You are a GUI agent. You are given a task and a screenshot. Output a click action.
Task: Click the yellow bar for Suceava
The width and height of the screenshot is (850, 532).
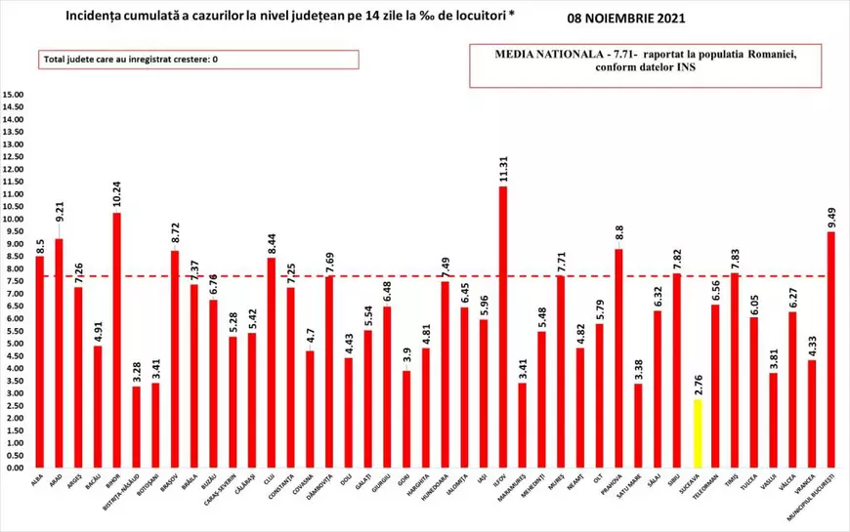(x=696, y=433)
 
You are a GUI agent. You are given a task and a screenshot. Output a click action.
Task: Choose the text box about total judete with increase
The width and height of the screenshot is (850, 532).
(x=200, y=61)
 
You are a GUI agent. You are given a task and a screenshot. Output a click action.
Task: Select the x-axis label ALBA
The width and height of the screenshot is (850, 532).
(x=38, y=480)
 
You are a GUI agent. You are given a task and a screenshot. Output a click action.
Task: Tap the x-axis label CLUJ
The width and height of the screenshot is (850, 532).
(x=271, y=480)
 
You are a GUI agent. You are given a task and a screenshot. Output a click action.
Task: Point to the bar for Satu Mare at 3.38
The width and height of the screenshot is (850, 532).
(x=638, y=426)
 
